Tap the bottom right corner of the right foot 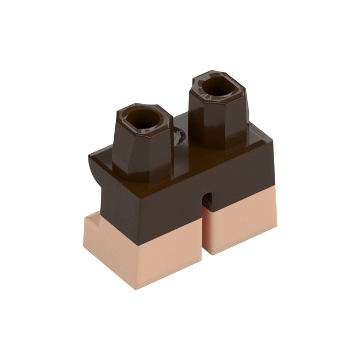pos(276,227)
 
